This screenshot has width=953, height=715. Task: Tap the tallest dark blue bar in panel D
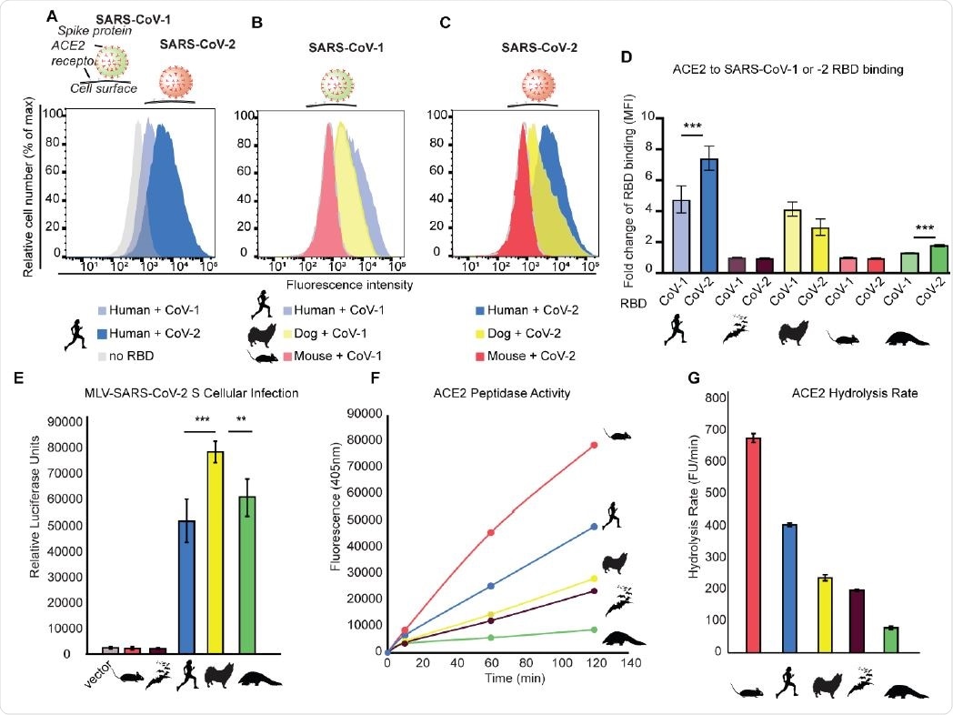tap(709, 214)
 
